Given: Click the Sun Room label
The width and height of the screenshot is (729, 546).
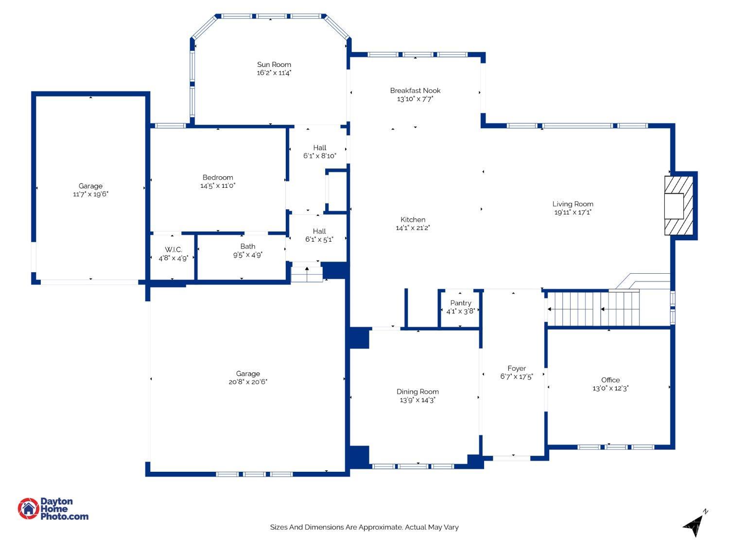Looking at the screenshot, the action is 274,65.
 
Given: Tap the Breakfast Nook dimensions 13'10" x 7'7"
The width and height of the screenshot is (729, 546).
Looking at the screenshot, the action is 415,99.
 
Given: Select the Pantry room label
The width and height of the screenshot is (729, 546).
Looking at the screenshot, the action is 460,303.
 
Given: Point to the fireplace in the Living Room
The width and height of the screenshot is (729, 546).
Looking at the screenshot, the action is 678,205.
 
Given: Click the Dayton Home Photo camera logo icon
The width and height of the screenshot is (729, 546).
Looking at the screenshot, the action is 28,508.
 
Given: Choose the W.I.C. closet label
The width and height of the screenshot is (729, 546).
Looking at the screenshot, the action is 174,249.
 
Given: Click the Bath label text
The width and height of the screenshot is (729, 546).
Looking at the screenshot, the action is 248,247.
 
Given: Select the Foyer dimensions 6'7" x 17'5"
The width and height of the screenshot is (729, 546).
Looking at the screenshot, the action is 517,377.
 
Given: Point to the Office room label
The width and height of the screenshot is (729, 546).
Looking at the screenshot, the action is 610,380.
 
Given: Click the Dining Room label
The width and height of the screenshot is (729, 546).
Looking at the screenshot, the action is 417,392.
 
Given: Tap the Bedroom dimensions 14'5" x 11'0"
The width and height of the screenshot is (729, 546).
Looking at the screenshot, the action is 218,186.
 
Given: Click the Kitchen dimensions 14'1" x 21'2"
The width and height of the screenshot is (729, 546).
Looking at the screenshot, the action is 413,228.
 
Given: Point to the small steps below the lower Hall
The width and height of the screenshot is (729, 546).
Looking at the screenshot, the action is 307,275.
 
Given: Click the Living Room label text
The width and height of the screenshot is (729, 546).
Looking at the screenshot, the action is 573,204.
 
